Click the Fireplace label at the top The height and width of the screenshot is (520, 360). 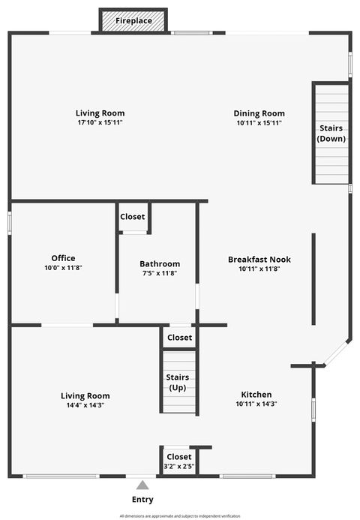pyautogui.click(x=133, y=21)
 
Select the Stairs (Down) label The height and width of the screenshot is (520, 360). pyautogui.click(x=331, y=134)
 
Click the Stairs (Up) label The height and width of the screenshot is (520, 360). pyautogui.click(x=177, y=382)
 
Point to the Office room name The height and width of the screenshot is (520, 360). pyautogui.click(x=63, y=258)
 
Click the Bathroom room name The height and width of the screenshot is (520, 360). pyautogui.click(x=160, y=263)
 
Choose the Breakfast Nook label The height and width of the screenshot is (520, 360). pyautogui.click(x=259, y=260)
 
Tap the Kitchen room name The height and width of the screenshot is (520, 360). pyautogui.click(x=256, y=395)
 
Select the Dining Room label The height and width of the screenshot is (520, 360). pyautogui.click(x=259, y=113)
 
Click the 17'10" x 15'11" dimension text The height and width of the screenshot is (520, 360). pyautogui.click(x=100, y=122)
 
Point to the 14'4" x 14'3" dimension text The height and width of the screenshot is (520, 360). pyautogui.click(x=85, y=405)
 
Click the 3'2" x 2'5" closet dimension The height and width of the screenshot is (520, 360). pyautogui.click(x=178, y=466)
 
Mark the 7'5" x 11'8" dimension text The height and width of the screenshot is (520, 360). pyautogui.click(x=160, y=273)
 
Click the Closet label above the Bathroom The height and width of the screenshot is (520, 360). pyautogui.click(x=133, y=217)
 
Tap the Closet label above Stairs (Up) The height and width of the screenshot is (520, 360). pyautogui.click(x=179, y=338)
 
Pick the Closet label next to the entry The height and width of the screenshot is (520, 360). pyautogui.click(x=178, y=456)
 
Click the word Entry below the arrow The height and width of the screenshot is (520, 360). pyautogui.click(x=142, y=500)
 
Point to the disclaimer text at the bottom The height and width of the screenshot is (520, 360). pyautogui.click(x=180, y=516)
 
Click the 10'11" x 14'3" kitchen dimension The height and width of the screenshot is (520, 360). pyautogui.click(x=256, y=404)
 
